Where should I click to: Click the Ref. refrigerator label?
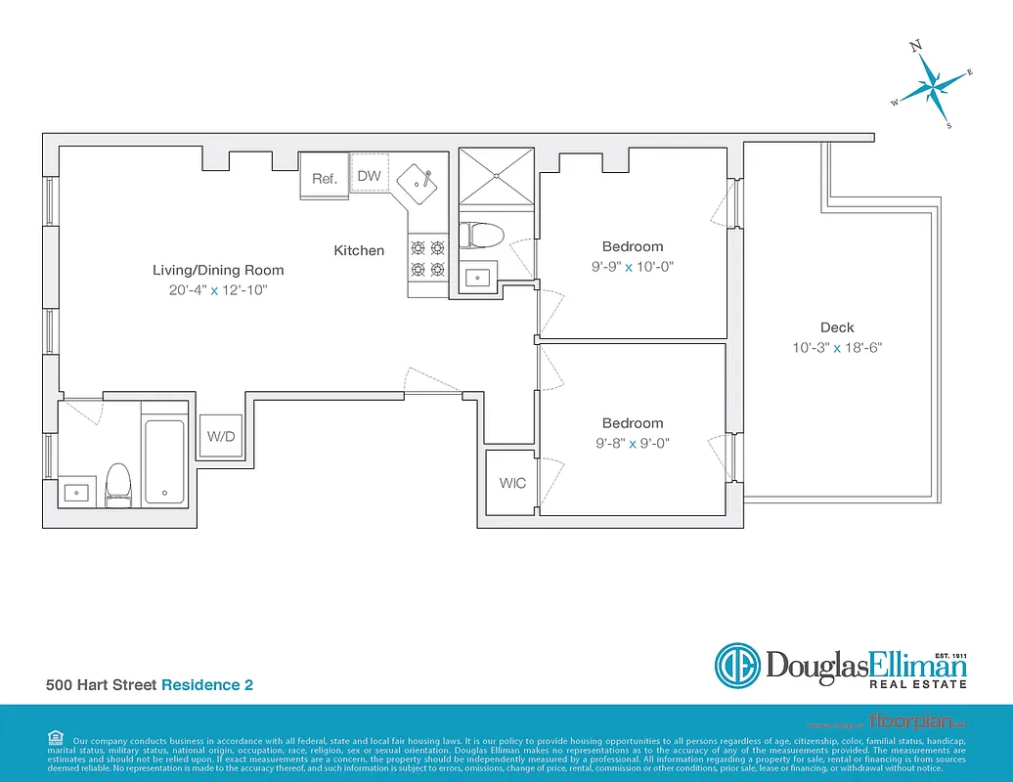pyautogui.click(x=325, y=178)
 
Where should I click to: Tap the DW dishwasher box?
pyautogui.click(x=369, y=175)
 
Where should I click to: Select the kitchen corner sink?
pyautogui.click(x=421, y=181)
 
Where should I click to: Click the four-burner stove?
pyautogui.click(x=427, y=258)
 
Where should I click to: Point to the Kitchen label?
pyautogui.click(x=359, y=250)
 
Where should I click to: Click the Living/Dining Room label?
pyautogui.click(x=218, y=270)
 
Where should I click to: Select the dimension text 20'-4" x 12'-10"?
pyautogui.click(x=218, y=289)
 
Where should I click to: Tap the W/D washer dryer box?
pyautogui.click(x=223, y=436)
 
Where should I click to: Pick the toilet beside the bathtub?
pyautogui.click(x=118, y=482)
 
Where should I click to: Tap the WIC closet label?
pyautogui.click(x=512, y=483)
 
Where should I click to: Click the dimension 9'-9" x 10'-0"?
pyautogui.click(x=633, y=266)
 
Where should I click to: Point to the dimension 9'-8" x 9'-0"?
pyautogui.click(x=633, y=443)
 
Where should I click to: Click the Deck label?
pyautogui.click(x=837, y=327)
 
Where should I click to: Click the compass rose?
pyautogui.click(x=935, y=87)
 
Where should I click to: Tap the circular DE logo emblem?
pyautogui.click(x=738, y=667)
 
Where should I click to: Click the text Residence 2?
pyautogui.click(x=207, y=685)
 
